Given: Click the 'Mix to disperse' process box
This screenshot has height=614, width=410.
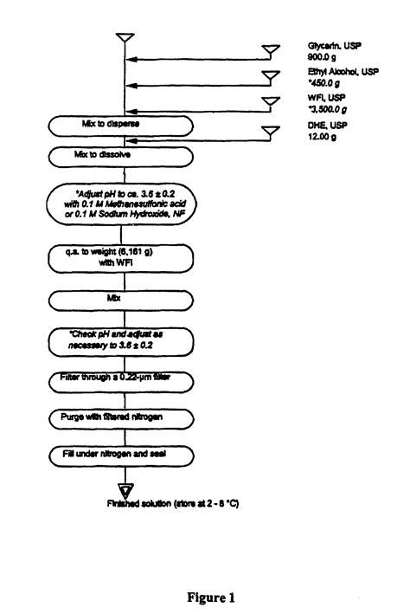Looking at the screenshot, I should point(121,125).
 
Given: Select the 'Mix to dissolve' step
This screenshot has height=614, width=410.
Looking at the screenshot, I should point(121,157).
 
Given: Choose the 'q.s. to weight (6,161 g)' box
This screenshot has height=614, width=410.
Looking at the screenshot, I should point(121,257).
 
